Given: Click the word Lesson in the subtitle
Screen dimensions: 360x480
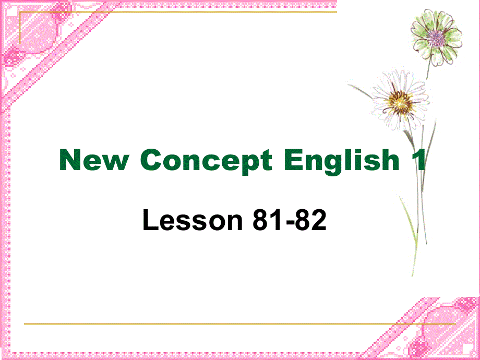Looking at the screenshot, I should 190,221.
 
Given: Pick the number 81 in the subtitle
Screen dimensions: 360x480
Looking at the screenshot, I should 266,221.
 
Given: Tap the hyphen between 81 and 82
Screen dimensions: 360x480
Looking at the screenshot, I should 287,223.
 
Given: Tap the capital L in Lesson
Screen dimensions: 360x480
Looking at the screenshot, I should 149,221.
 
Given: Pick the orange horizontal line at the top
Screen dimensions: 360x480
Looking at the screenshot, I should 177,11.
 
